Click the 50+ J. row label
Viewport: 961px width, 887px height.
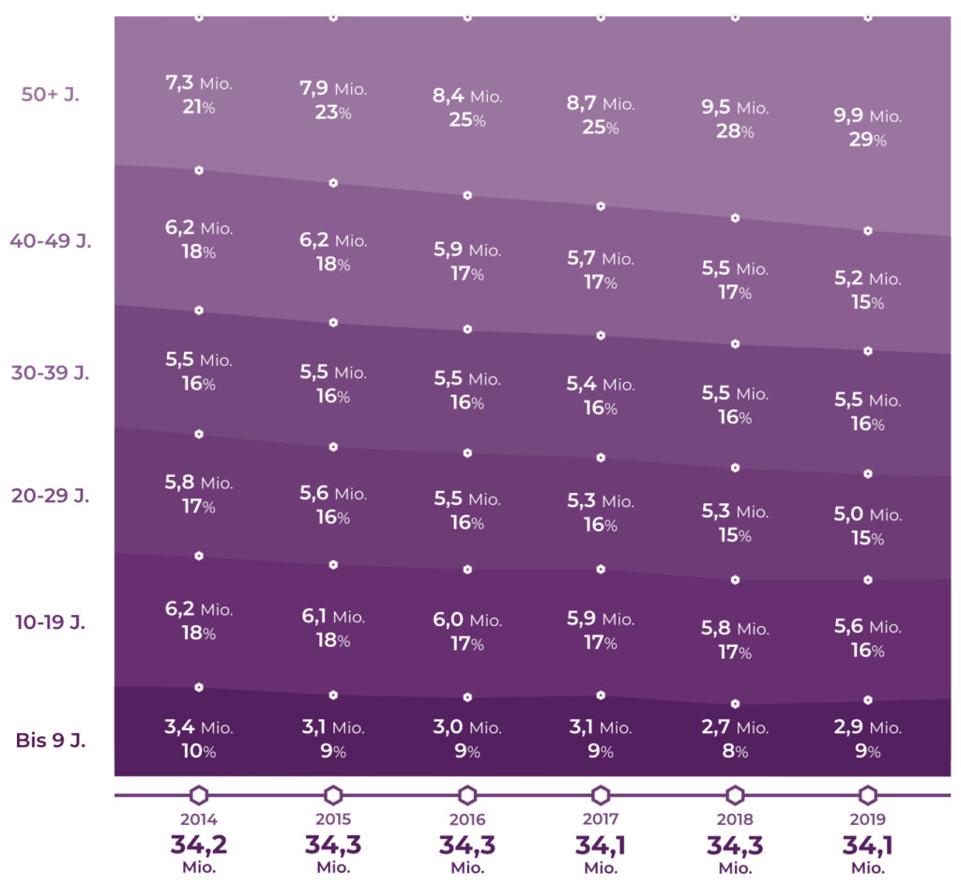pyautogui.click(x=50, y=94)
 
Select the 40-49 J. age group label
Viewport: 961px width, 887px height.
pyautogui.click(x=51, y=241)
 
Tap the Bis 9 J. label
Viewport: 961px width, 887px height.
pyautogui.click(x=51, y=740)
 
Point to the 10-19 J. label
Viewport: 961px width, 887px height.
pyautogui.click(x=51, y=621)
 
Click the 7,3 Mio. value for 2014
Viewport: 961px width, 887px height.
pyautogui.click(x=198, y=84)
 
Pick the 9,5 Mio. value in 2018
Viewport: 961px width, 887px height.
pyautogui.click(x=735, y=107)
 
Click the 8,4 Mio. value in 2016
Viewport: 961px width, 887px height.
pyautogui.click(x=467, y=96)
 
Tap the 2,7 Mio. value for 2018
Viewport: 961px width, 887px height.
pyautogui.click(x=735, y=727)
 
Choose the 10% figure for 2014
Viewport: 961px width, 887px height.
pyautogui.click(x=198, y=751)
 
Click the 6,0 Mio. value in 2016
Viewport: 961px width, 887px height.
pyautogui.click(x=467, y=620)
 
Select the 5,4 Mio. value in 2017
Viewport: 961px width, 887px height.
pyautogui.click(x=601, y=384)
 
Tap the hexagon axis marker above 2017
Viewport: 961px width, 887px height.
pyautogui.click(x=601, y=796)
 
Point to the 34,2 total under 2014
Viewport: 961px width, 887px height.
pyautogui.click(x=198, y=845)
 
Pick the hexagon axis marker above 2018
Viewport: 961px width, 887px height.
pyautogui.click(x=735, y=796)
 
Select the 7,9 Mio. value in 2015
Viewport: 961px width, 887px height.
pyautogui.click(x=333, y=89)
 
